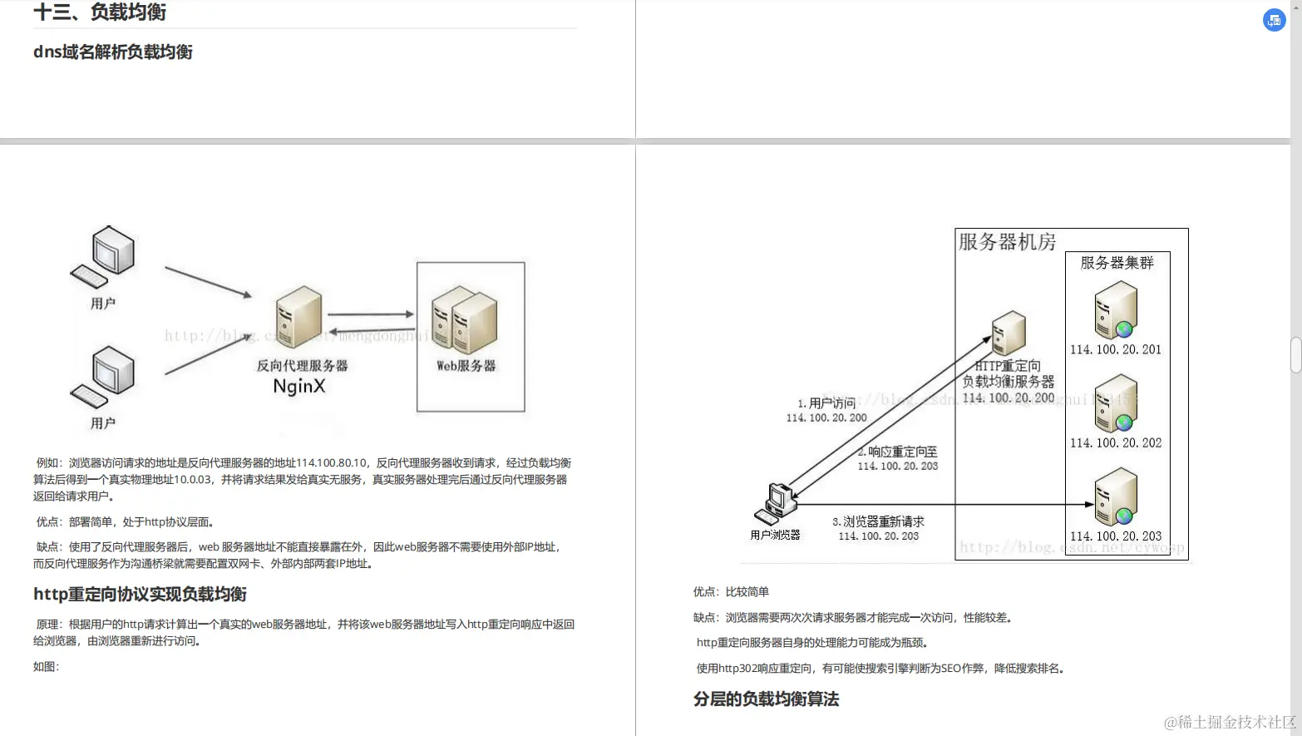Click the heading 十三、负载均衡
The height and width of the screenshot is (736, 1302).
point(100,12)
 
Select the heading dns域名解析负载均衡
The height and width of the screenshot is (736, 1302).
point(113,52)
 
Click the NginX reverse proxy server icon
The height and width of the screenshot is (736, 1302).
point(299,317)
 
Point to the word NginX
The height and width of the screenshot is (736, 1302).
point(299,386)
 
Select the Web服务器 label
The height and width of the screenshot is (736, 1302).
point(466,365)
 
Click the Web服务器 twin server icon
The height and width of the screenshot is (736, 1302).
point(465,320)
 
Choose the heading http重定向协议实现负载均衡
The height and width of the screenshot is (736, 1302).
point(140,594)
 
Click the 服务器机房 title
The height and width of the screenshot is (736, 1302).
point(1007,242)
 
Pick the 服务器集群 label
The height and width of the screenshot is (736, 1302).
point(1117,263)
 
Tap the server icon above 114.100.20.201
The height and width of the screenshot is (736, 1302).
point(1116,309)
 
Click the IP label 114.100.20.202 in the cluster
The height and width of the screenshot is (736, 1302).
point(1116,443)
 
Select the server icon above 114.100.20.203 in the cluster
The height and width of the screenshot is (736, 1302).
point(1116,496)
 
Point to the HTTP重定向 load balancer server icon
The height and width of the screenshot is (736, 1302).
point(1009,333)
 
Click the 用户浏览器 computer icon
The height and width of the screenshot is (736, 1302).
point(777,503)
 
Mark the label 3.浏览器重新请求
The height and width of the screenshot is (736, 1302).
point(878,521)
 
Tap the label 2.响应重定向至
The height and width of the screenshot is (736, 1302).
point(898,452)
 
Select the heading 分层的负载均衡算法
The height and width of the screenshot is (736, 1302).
point(766,699)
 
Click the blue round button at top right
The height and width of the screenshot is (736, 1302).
point(1274,20)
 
